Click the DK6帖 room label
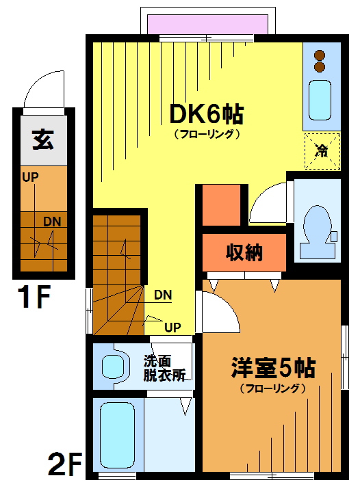[x=207, y=114]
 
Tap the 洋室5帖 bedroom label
[x=273, y=368]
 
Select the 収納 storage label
[x=244, y=252]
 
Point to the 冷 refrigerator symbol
[x=322, y=151]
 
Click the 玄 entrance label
[x=43, y=140]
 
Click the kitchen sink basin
[x=320, y=100]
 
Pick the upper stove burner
[x=320, y=55]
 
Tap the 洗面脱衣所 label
[x=164, y=368]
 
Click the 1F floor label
[x=34, y=297]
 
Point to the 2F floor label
[x=65, y=464]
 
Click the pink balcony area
[x=207, y=24]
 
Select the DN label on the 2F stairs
[x=163, y=295]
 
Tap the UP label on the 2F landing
[x=172, y=328]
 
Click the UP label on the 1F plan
[x=30, y=177]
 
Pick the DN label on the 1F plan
[x=52, y=222]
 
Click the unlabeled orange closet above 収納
[x=221, y=205]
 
